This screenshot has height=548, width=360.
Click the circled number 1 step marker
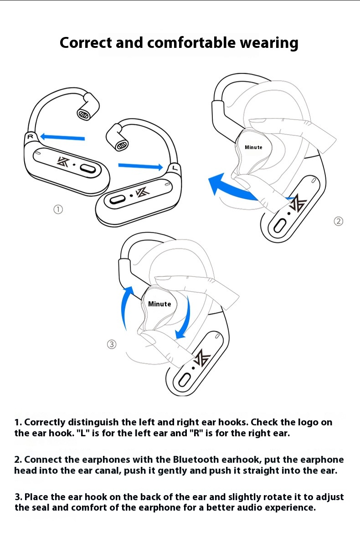58,209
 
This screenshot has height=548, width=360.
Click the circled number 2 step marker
339,221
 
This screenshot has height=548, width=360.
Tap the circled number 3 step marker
112,344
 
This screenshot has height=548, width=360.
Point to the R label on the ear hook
31,136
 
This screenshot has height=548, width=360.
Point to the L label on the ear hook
175,168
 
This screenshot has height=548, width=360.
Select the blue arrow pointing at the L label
140,166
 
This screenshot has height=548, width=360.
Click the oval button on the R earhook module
88,169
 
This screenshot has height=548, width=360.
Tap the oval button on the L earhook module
118,199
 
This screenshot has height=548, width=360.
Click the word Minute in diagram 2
253,147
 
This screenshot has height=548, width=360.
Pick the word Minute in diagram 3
159,304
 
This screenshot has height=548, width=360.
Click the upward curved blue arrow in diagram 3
127,308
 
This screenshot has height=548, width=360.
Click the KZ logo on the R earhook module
63,161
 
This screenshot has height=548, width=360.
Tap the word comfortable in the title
191,43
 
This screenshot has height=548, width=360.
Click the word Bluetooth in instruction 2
196,460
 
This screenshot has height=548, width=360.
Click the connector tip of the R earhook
83,114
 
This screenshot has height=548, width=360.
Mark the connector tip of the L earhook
122,145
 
